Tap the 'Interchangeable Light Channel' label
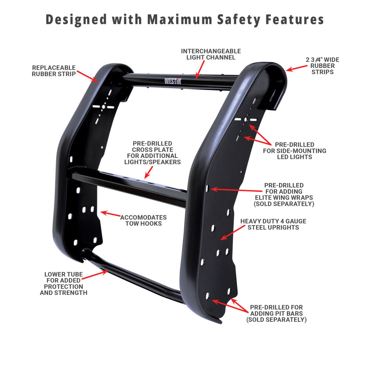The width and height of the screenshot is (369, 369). coord(211,54)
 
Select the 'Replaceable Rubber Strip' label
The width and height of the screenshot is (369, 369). coord(54,70)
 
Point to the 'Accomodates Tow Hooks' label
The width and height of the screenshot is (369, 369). coord(144,220)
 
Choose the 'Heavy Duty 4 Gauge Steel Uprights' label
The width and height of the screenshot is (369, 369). coord(273,224)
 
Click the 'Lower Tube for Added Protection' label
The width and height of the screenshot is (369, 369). coord(64,283)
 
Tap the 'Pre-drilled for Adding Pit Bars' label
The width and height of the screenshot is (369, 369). coord(276,313)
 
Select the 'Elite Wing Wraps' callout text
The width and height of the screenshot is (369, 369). coord(289,194)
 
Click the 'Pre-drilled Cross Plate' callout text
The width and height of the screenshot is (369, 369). coord(152,152)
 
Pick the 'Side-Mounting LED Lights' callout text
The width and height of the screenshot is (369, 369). coord(294,151)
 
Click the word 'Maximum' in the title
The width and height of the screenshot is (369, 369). coord(176,19)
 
